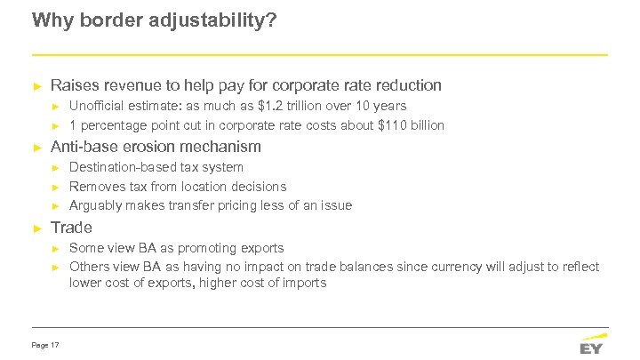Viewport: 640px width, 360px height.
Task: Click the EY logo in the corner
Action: (592, 343)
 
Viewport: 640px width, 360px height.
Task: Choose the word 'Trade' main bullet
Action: (72, 228)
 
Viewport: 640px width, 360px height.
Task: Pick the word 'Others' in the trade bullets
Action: (89, 267)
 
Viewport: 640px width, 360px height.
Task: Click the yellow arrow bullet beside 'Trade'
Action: (36, 228)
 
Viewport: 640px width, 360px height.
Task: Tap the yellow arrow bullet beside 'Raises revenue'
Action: (36, 86)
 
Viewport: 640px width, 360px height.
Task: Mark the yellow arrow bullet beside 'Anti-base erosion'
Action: (36, 147)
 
